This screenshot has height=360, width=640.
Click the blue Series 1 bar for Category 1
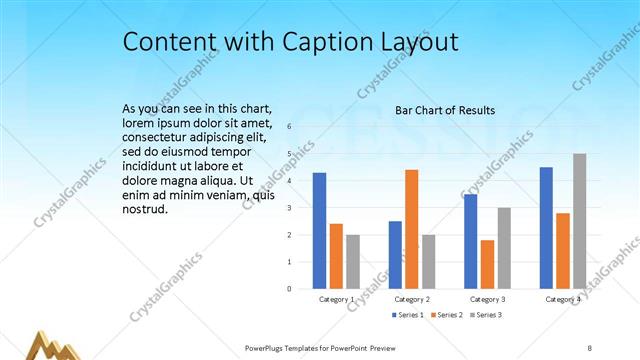click(319, 231)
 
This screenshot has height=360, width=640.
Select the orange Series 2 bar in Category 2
click(411, 229)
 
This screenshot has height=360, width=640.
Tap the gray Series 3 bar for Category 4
click(579, 221)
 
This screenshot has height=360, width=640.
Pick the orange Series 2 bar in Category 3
click(487, 264)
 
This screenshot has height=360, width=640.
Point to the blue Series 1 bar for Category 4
click(546, 228)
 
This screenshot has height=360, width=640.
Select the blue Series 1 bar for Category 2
click(395, 255)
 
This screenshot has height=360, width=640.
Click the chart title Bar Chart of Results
click(445, 110)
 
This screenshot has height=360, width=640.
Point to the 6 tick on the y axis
click(289, 127)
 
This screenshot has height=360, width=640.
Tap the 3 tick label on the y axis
click(289, 208)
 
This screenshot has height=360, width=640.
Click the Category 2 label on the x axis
click(412, 299)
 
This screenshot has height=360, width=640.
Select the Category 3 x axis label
click(487, 299)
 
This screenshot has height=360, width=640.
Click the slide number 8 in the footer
click(589, 348)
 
